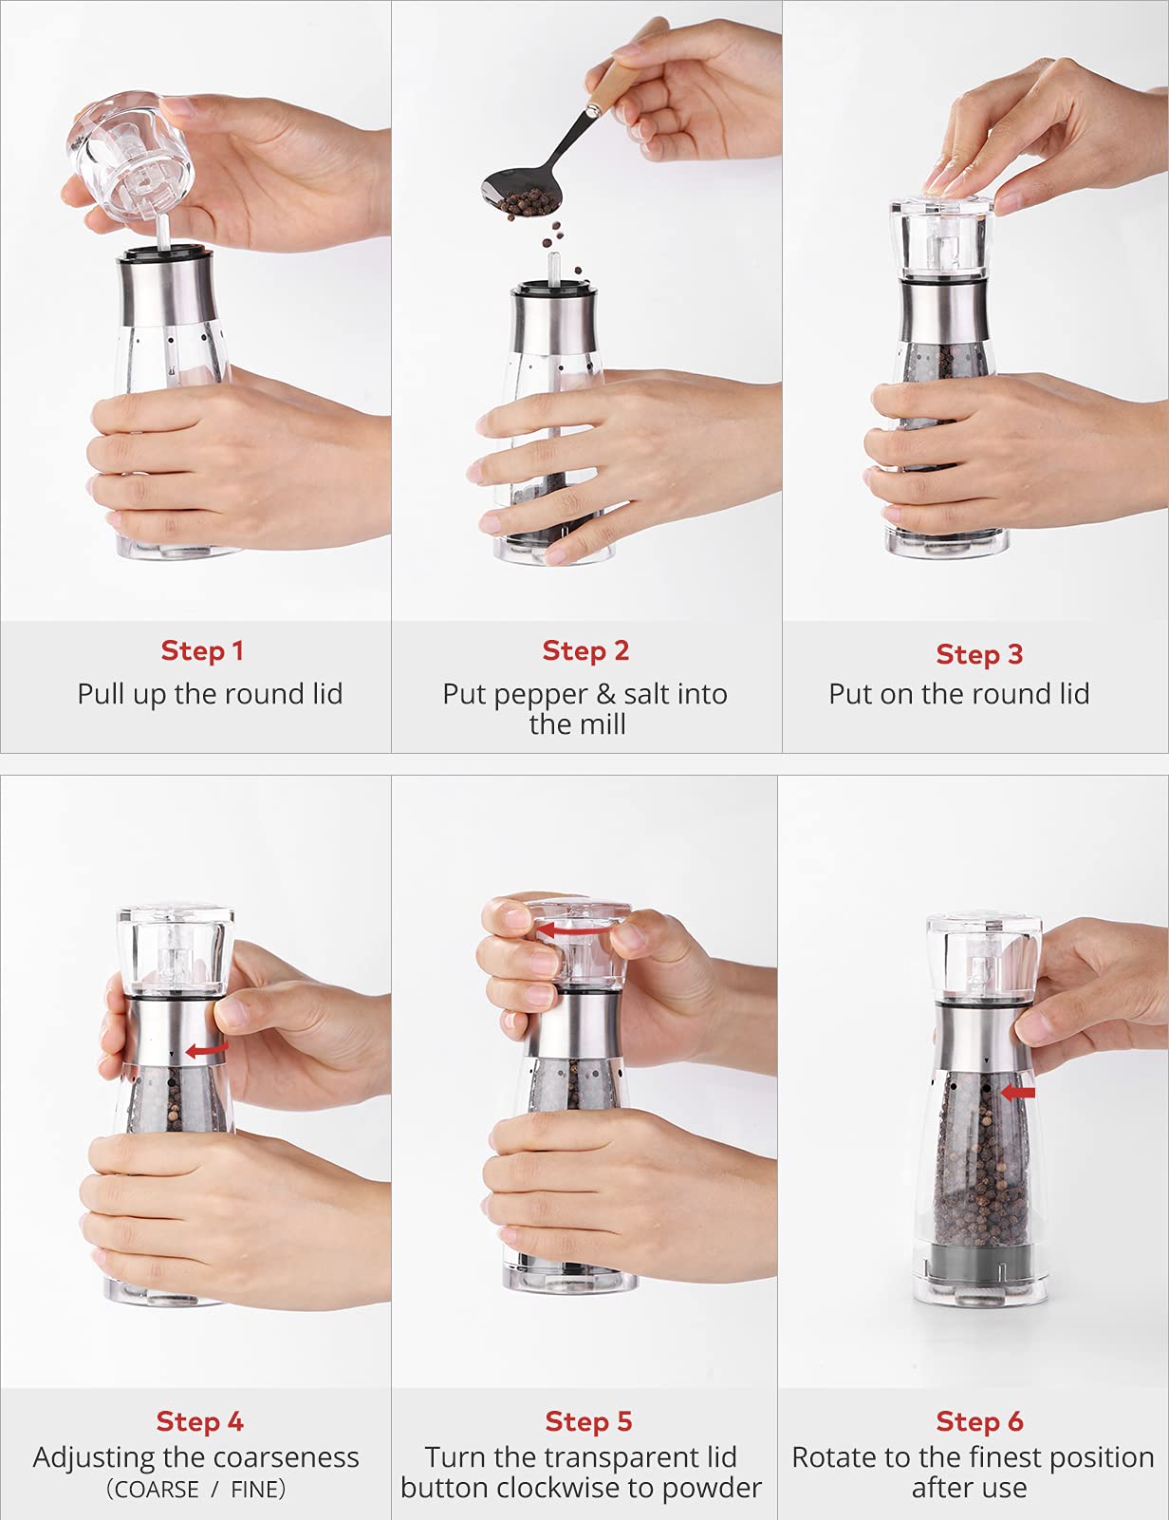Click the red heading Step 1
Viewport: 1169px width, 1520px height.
pyautogui.click(x=202, y=650)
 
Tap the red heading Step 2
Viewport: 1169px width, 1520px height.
pyautogui.click(x=585, y=650)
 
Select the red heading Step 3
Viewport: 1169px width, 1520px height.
pyautogui.click(x=979, y=654)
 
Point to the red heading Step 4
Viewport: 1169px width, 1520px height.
pyautogui.click(x=200, y=1421)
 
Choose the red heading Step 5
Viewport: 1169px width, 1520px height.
pyautogui.click(x=588, y=1421)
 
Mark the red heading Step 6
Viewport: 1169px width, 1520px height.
pyautogui.click(x=979, y=1421)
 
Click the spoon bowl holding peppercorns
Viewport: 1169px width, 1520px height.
pyautogui.click(x=522, y=193)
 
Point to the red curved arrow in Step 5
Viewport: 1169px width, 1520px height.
pyautogui.click(x=574, y=930)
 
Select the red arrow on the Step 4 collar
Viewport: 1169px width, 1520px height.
pyautogui.click(x=207, y=1049)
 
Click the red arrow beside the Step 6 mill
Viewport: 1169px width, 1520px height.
pyautogui.click(x=1018, y=1092)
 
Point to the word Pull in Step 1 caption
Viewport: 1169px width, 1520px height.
pyautogui.click(x=101, y=694)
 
